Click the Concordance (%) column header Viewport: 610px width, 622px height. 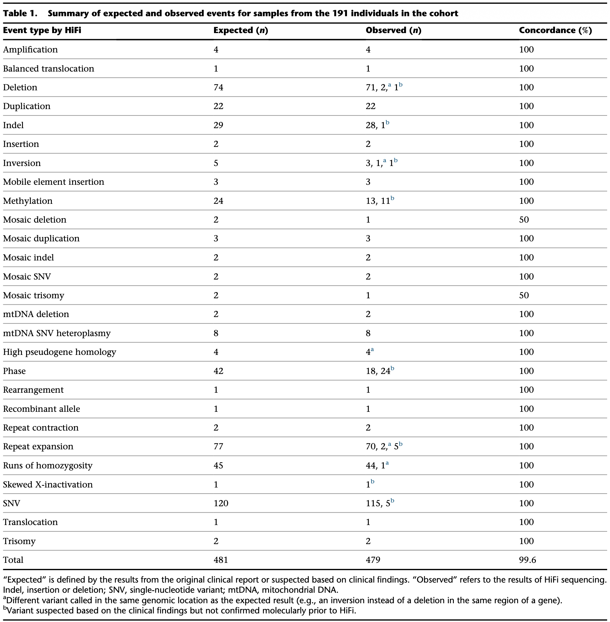click(x=555, y=31)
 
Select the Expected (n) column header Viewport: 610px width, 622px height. click(x=241, y=31)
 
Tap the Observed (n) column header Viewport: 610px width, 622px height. click(x=393, y=31)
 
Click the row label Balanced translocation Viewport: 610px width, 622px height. click(x=49, y=69)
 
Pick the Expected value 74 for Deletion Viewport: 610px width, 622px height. click(x=218, y=87)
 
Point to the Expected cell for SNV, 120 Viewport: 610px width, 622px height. click(x=221, y=503)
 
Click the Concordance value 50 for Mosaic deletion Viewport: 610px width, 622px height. click(x=524, y=220)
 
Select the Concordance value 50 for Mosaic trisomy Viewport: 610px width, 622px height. click(x=524, y=295)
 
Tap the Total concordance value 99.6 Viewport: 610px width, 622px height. click(x=527, y=560)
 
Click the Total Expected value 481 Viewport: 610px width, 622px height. click(x=221, y=560)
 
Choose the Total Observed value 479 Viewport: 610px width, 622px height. click(x=373, y=560)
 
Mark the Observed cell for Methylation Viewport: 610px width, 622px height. click(x=380, y=201)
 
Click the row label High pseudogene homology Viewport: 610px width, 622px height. click(x=59, y=352)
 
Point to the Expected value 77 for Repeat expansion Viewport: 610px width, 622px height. click(x=218, y=446)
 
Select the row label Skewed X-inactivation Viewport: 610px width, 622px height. click(x=48, y=484)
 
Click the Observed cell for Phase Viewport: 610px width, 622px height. click(x=380, y=370)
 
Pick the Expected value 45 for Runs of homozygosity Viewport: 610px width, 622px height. click(x=218, y=465)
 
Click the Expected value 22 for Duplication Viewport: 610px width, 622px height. click(x=218, y=106)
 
